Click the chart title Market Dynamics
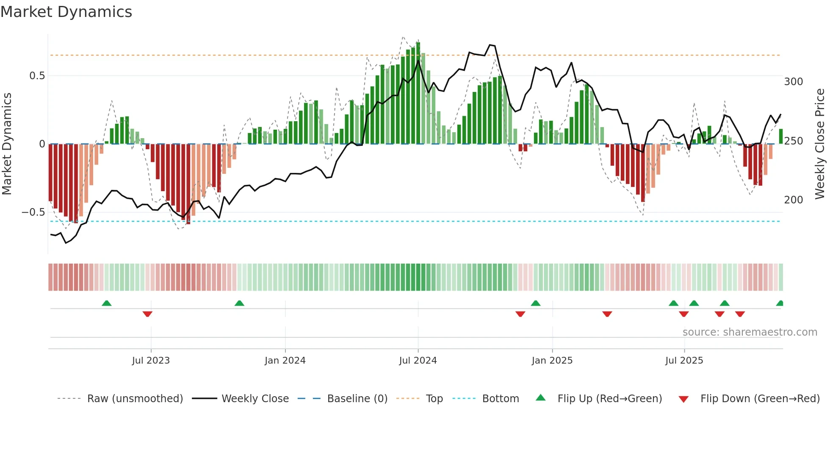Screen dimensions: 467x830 pos(66,12)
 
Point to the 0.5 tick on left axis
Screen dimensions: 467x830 pos(37,76)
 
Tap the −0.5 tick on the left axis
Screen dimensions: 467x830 pos(33,212)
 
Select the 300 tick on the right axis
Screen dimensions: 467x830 pos(793,82)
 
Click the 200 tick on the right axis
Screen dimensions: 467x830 pos(793,200)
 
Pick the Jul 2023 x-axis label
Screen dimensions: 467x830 pos(151,361)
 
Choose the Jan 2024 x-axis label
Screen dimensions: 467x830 pos(285,361)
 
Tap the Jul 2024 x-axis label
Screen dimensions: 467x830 pos(418,361)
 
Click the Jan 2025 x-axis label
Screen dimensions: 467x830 pos(552,361)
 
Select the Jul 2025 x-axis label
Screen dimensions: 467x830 pos(684,361)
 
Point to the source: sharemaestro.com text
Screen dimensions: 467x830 pos(750,332)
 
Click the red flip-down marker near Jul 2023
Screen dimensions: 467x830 pos(147,314)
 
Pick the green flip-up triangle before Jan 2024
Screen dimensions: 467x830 pos(239,303)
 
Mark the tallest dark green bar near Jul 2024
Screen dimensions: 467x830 pos(418,93)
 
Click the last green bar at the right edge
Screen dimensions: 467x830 pos(780,136)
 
